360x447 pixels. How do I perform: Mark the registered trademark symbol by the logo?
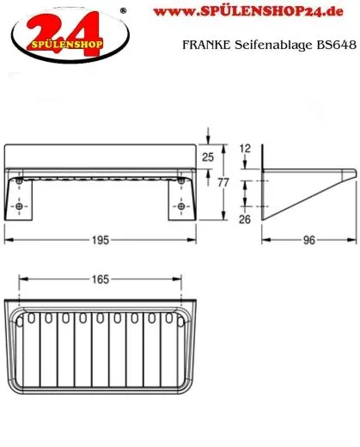point(123,10)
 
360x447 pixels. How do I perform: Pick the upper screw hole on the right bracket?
point(180,182)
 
